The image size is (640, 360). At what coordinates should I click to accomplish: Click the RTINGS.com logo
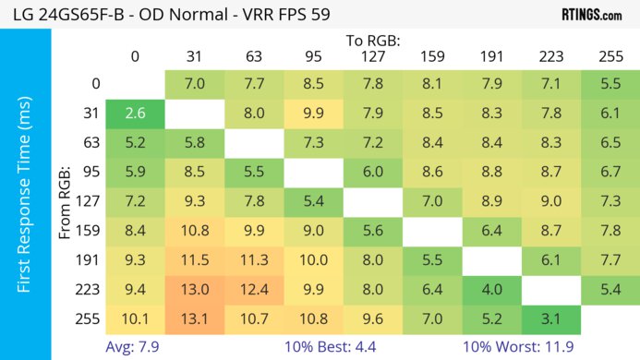(x=591, y=15)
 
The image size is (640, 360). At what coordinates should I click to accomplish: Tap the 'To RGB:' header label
(x=373, y=41)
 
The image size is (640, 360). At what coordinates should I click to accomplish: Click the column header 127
(x=373, y=57)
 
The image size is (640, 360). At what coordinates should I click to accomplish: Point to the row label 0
(x=96, y=84)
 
